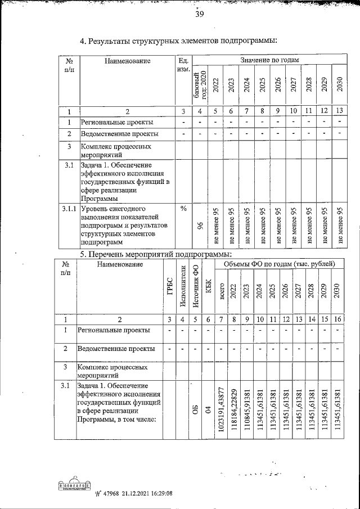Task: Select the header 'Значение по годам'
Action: [x=269, y=60]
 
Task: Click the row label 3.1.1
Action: [x=68, y=208]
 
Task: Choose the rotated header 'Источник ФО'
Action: [x=195, y=292]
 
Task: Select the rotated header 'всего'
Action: [x=222, y=292]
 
